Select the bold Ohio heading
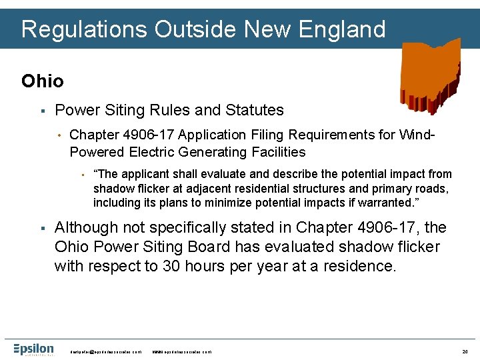pyautogui.click(x=43, y=81)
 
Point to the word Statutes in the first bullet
pyautogui.click(x=257, y=110)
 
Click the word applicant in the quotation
pyautogui.click(x=145, y=174)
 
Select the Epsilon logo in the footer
pyautogui.click(x=33, y=349)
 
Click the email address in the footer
pyautogui.click(x=106, y=351)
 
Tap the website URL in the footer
pyautogui.click(x=181, y=351)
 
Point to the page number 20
pyautogui.click(x=465, y=351)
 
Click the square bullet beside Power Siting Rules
pyautogui.click(x=41, y=111)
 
